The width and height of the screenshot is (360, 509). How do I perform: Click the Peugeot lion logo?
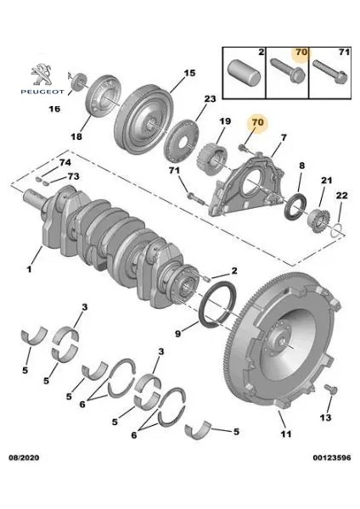point(42,75)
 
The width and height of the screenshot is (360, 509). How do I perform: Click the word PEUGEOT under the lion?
point(42,92)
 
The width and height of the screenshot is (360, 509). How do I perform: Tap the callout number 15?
point(189,73)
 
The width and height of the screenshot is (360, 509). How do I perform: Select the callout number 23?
point(210,98)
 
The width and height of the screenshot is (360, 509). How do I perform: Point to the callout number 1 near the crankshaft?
point(29,269)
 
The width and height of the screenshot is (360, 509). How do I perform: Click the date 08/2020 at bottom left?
point(24,458)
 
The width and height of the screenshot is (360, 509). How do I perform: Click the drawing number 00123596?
point(332,458)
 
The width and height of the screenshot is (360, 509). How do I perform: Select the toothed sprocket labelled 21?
point(319,221)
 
